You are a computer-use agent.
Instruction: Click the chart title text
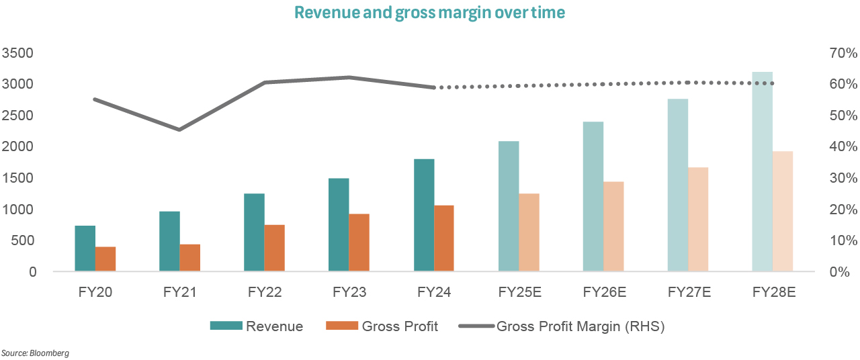(x=429, y=13)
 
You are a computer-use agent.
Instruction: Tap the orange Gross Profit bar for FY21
(x=190, y=258)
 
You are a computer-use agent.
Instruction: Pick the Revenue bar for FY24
(x=424, y=215)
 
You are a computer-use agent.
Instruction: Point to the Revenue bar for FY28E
(x=763, y=171)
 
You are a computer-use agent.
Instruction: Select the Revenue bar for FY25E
(x=509, y=206)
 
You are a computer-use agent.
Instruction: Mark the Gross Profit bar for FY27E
(x=698, y=219)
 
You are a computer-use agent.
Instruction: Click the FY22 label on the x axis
(x=264, y=292)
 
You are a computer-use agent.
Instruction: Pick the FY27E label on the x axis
(x=688, y=292)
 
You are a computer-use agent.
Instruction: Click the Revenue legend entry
(x=257, y=327)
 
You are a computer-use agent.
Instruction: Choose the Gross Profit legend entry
(x=382, y=327)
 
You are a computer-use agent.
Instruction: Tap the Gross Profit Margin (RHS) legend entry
(x=562, y=327)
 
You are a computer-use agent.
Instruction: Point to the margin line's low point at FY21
(x=179, y=130)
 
